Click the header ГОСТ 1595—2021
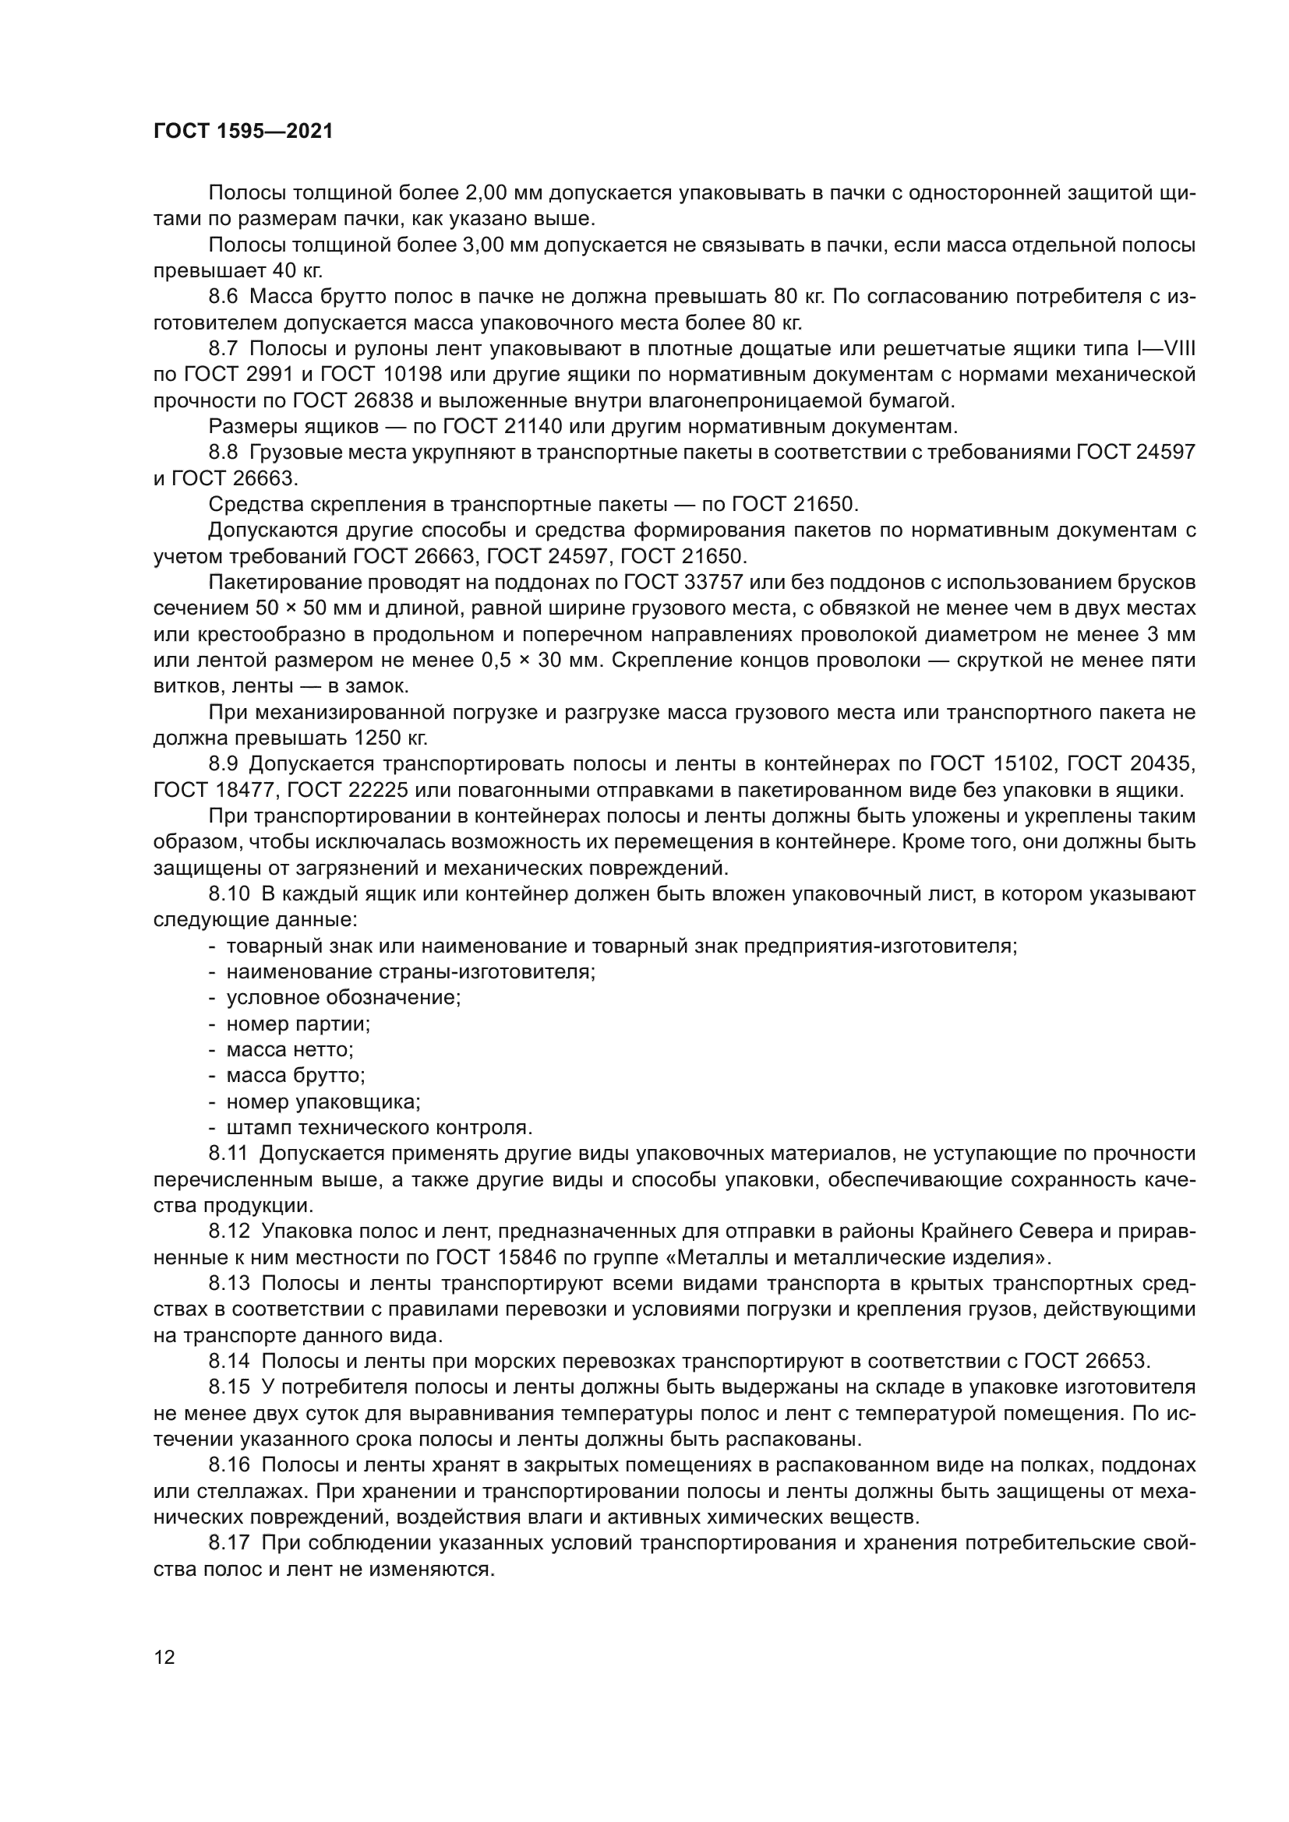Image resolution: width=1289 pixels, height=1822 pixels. point(243,132)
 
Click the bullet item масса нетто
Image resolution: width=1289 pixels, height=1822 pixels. point(289,1050)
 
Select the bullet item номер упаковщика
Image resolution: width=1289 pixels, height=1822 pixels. point(323,1102)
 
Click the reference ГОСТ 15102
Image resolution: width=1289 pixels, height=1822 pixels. point(989,764)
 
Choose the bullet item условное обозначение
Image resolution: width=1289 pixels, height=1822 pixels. point(343,999)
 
